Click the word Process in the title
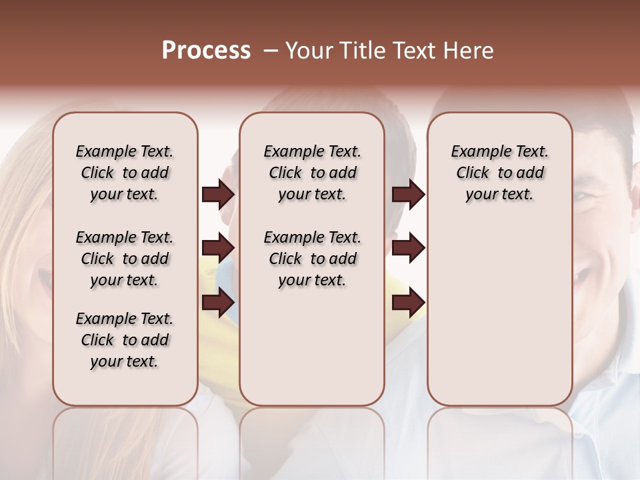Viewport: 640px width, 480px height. [206, 51]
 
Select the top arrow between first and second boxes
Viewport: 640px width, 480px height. [218, 194]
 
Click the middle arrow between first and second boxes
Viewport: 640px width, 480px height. [218, 249]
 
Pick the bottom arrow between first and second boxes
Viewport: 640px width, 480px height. [218, 303]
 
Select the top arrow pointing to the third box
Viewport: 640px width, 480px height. [408, 194]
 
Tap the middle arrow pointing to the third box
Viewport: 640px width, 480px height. [408, 249]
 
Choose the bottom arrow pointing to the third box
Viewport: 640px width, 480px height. [408, 303]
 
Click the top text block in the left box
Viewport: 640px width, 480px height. [124, 173]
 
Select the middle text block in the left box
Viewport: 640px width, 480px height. [124, 259]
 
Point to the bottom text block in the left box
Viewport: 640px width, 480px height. [124, 340]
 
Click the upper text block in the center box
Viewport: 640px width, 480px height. [312, 173]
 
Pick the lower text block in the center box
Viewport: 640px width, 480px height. [312, 259]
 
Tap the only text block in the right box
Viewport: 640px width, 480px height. [499, 173]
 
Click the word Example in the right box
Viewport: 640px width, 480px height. [476, 152]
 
